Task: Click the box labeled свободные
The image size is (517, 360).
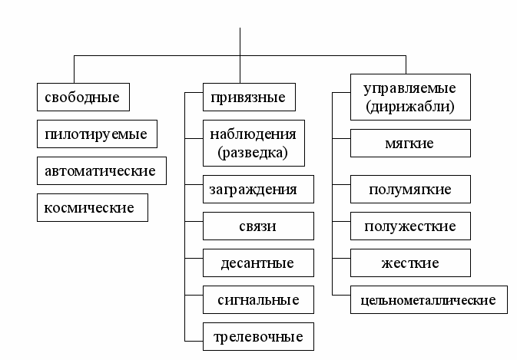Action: (x=82, y=98)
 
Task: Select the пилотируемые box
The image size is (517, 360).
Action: (x=96, y=134)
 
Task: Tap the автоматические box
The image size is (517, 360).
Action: (x=101, y=170)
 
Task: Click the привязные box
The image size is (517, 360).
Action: (x=249, y=97)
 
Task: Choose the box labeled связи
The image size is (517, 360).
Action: (x=258, y=226)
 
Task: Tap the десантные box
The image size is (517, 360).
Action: (x=258, y=263)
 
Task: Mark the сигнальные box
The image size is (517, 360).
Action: (x=258, y=299)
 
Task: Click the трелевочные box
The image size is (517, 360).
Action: (x=258, y=335)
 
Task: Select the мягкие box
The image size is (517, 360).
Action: (x=409, y=144)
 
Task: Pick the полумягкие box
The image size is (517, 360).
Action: (x=409, y=189)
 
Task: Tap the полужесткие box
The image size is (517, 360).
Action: (x=409, y=226)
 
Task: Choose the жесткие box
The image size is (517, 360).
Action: (x=409, y=263)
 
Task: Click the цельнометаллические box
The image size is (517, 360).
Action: (x=429, y=299)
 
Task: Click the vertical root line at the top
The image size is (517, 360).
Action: (x=241, y=41)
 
